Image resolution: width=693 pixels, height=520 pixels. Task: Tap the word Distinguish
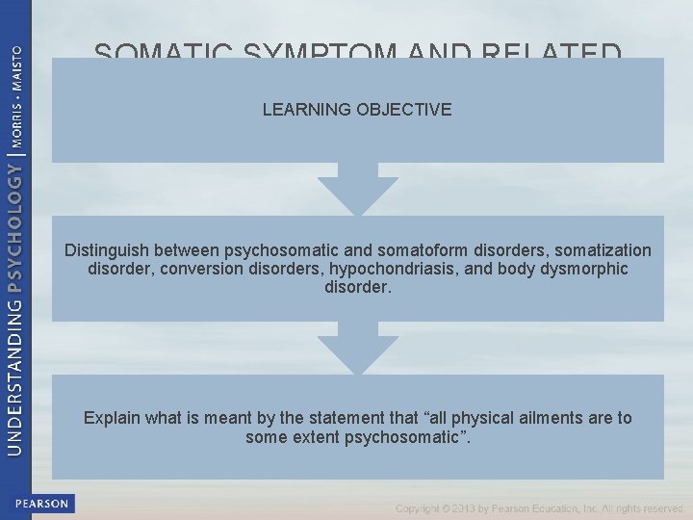pyautogui.click(x=108, y=250)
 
